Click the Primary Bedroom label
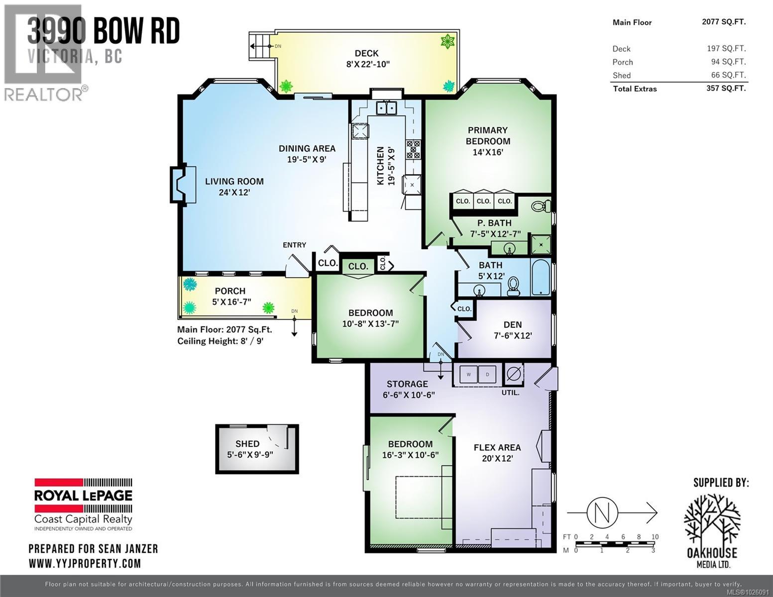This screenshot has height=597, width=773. click(x=488, y=136)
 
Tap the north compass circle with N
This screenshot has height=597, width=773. click(x=602, y=512)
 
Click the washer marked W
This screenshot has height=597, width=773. click(x=468, y=375)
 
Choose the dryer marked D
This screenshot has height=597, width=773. click(x=487, y=375)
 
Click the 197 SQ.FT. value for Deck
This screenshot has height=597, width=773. click(x=726, y=49)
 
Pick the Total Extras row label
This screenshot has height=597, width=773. click(x=635, y=89)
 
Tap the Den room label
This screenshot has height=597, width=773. click(x=512, y=325)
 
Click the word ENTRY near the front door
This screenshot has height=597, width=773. click(x=294, y=245)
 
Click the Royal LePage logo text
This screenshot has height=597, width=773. click(x=83, y=496)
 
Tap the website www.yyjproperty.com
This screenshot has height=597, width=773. click(x=85, y=563)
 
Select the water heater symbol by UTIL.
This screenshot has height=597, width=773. click(x=514, y=374)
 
